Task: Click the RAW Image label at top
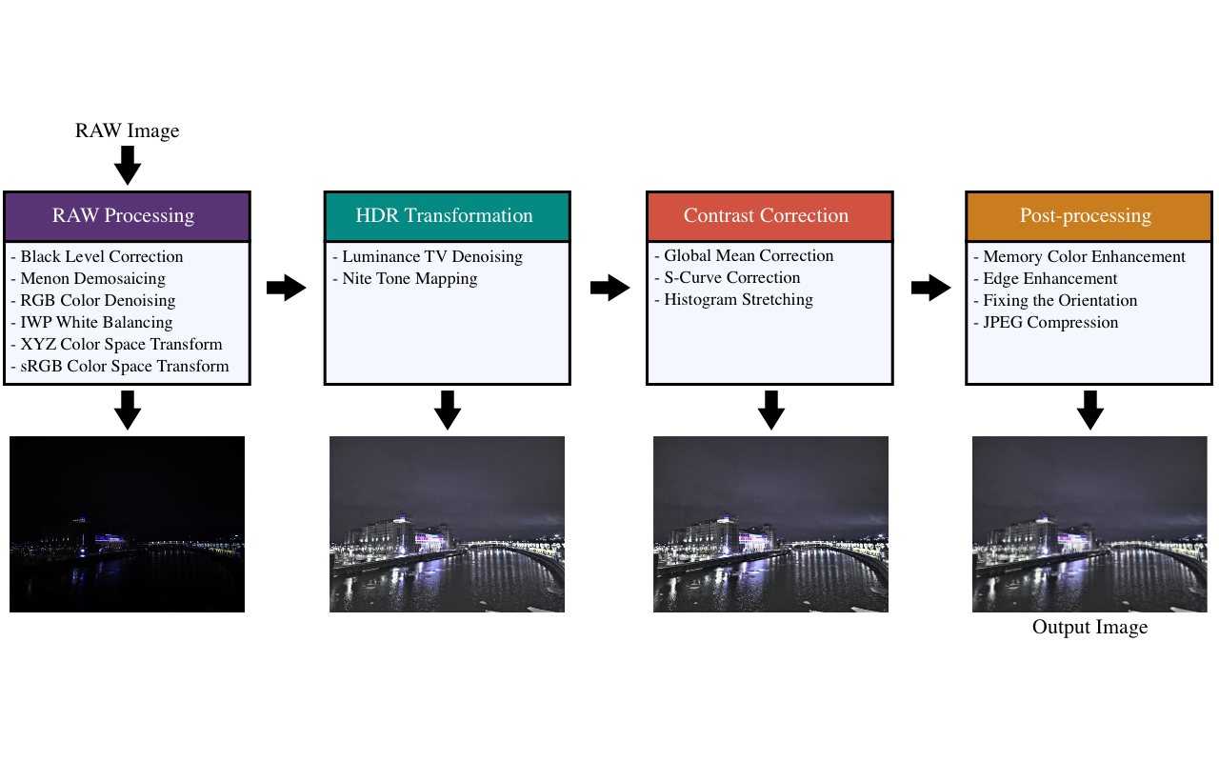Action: [x=127, y=131]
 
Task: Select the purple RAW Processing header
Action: [x=127, y=216]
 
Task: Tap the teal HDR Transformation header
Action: [x=447, y=216]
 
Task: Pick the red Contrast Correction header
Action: [x=769, y=216]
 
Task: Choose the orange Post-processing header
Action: [x=1089, y=216]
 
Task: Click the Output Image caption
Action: [x=1089, y=628]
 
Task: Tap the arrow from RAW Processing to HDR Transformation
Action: [x=287, y=288]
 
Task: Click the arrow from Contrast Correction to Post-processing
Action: [x=930, y=288]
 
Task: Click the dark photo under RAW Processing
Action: [x=127, y=524]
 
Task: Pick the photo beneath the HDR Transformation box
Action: [x=447, y=524]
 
